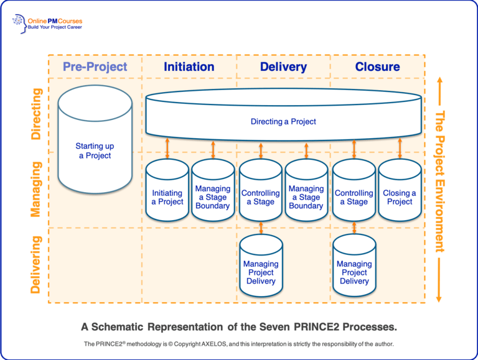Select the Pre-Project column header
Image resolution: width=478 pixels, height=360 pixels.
[95, 67]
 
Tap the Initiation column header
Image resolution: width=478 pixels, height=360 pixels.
[189, 67]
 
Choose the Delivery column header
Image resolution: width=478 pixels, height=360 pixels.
[284, 67]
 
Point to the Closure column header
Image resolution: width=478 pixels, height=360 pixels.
[377, 67]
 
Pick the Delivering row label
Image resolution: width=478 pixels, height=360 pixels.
[35, 264]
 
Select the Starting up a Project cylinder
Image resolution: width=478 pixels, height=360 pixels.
[95, 151]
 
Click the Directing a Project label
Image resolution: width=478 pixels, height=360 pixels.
[283, 121]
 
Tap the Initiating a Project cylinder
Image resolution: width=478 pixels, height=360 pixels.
[167, 197]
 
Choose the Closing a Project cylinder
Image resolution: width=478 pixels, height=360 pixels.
[400, 197]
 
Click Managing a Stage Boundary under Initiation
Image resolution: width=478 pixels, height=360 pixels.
[213, 197]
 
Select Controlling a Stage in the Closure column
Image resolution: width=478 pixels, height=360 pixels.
[354, 197]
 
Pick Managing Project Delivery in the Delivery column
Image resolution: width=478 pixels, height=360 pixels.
[261, 272]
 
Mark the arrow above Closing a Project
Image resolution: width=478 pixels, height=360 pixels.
[400, 150]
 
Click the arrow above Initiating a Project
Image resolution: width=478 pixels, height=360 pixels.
[167, 150]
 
